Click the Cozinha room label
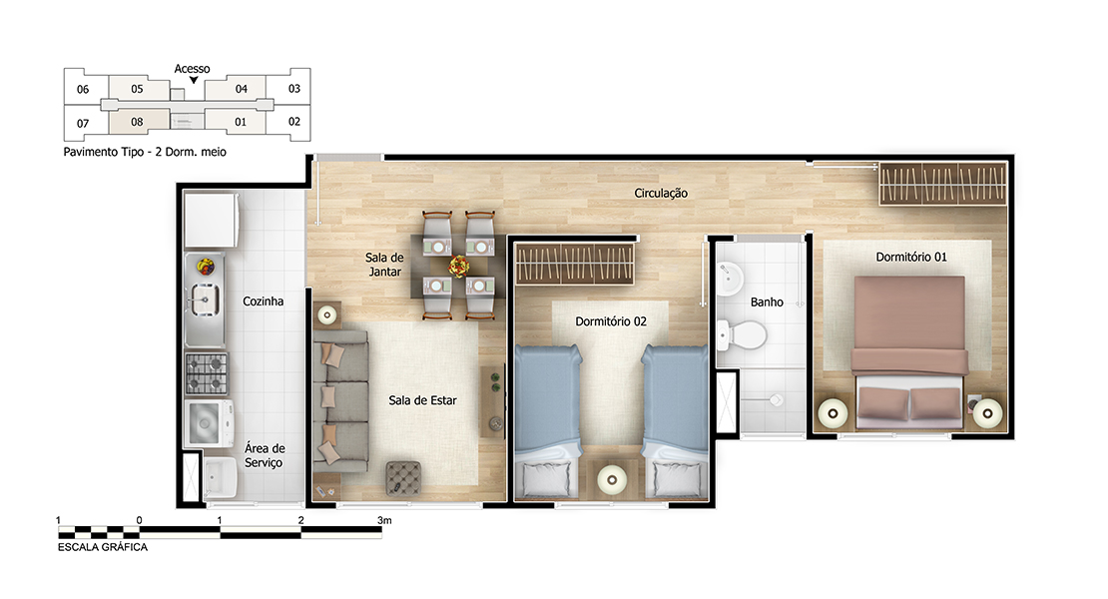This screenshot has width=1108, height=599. (x=263, y=301)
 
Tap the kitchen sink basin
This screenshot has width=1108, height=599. (x=205, y=299)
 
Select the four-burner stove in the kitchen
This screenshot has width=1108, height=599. (x=207, y=373)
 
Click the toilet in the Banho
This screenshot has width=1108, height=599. (x=742, y=335)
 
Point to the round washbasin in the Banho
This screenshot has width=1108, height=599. (x=729, y=279)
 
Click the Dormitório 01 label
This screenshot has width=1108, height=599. (x=910, y=258)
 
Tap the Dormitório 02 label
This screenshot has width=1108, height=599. (x=611, y=321)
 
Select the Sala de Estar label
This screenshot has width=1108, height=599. (x=422, y=400)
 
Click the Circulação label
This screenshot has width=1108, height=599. (x=661, y=193)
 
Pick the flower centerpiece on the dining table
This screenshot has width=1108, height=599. (x=459, y=267)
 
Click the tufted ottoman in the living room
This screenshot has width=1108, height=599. (x=403, y=478)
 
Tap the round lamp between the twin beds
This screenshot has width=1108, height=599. (x=612, y=480)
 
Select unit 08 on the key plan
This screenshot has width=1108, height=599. (x=138, y=122)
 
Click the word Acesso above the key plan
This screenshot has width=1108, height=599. (x=193, y=69)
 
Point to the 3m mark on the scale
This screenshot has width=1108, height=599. (x=383, y=520)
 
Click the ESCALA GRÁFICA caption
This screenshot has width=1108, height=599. (x=103, y=547)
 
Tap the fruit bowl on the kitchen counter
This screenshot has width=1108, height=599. (x=206, y=267)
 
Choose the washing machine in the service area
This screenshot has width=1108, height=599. (x=208, y=423)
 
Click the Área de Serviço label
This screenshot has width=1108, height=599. (x=265, y=455)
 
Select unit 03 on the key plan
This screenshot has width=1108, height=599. (x=293, y=88)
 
